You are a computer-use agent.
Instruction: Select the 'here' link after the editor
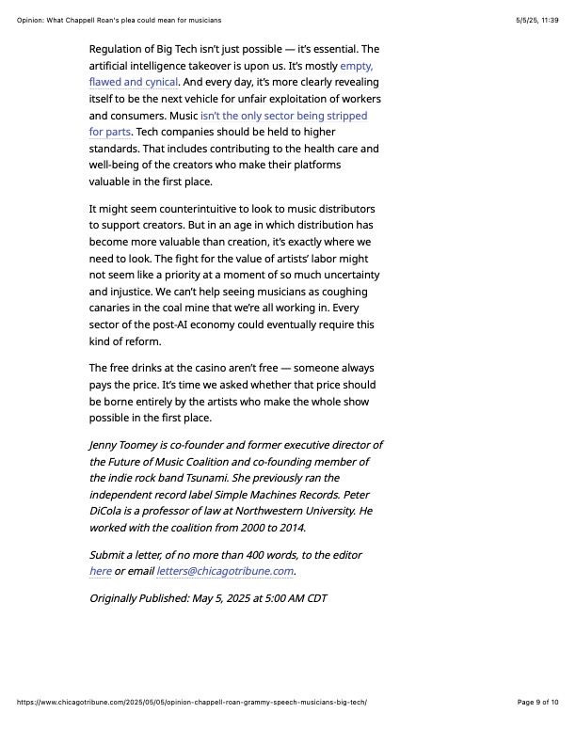click(100, 571)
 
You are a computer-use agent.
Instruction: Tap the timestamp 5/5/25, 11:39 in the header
click(536, 20)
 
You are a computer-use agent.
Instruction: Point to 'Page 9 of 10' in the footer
click(537, 702)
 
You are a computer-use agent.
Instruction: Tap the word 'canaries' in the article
click(111, 308)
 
